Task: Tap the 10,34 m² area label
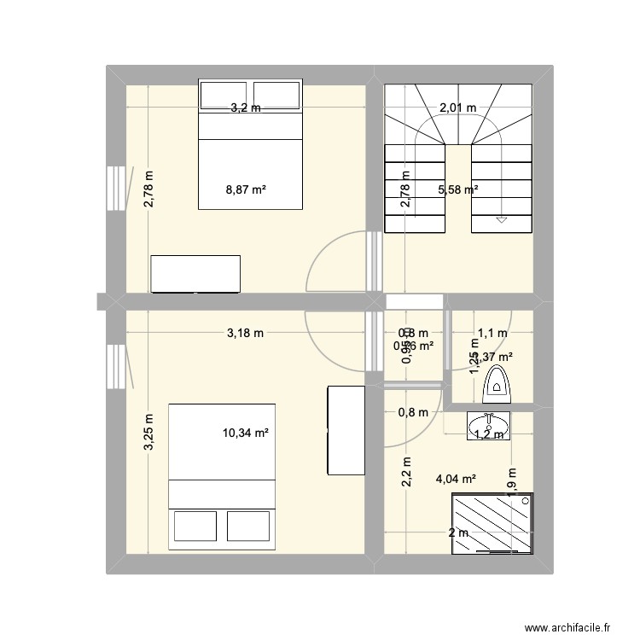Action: [x=246, y=433]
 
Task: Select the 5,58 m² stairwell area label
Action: [x=457, y=189]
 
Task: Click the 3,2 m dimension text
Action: [x=246, y=108]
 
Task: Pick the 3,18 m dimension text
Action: [x=245, y=333]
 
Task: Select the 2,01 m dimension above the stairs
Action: [x=457, y=108]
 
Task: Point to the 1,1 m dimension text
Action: [x=492, y=333]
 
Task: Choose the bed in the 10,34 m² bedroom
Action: [x=222, y=476]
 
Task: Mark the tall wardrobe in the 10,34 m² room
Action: [x=346, y=430]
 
